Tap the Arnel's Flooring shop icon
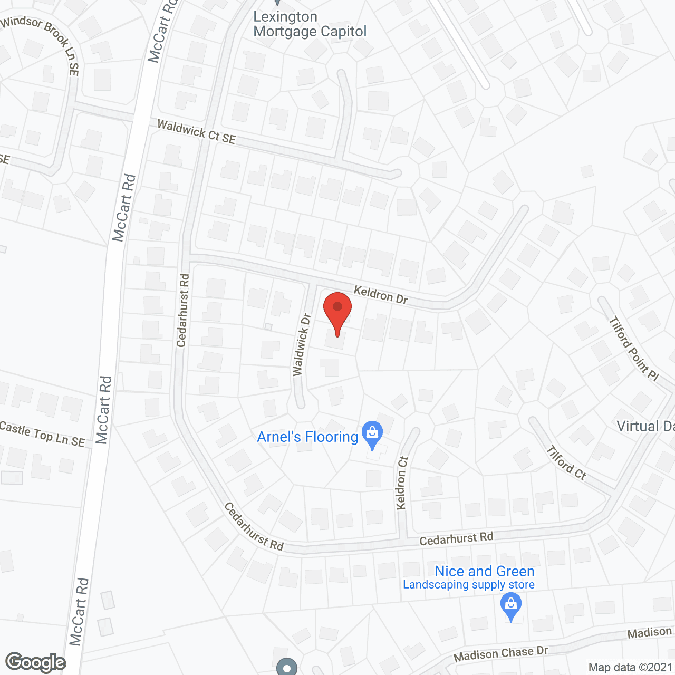(373, 434)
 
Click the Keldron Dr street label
(380, 295)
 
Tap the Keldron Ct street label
(402, 483)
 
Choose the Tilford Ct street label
(566, 463)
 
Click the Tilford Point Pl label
(634, 348)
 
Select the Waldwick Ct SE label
(197, 132)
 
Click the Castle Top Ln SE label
(42, 433)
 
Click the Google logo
(35, 662)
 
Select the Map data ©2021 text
(630, 668)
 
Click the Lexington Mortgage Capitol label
(310, 24)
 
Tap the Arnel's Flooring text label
(307, 437)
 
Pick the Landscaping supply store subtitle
(469, 585)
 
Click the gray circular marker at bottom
(287, 668)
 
